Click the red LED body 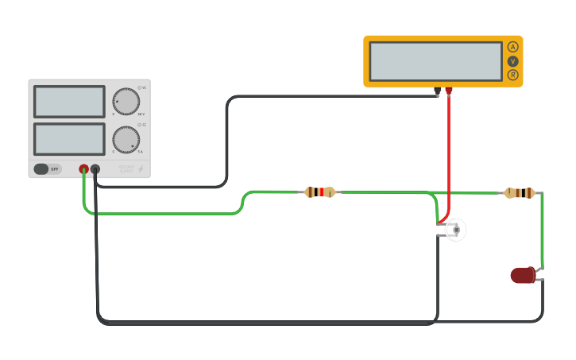pyautogui.click(x=522, y=276)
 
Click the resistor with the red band pyautogui.click(x=319, y=192)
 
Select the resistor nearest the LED pyautogui.click(x=519, y=192)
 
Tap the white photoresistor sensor pyautogui.click(x=454, y=230)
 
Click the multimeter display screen pyautogui.click(x=435, y=61)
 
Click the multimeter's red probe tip pyautogui.click(x=448, y=92)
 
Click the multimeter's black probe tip pyautogui.click(x=437, y=92)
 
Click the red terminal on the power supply pyautogui.click(x=83, y=168)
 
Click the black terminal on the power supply pyautogui.click(x=95, y=168)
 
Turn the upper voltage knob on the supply pyautogui.click(x=126, y=101)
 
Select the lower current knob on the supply pyautogui.click(x=126, y=140)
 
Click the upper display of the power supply pyautogui.click(x=69, y=102)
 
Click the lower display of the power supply pyautogui.click(x=69, y=139)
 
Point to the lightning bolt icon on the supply pyautogui.click(x=141, y=168)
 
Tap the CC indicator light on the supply pyautogui.click(x=139, y=126)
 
